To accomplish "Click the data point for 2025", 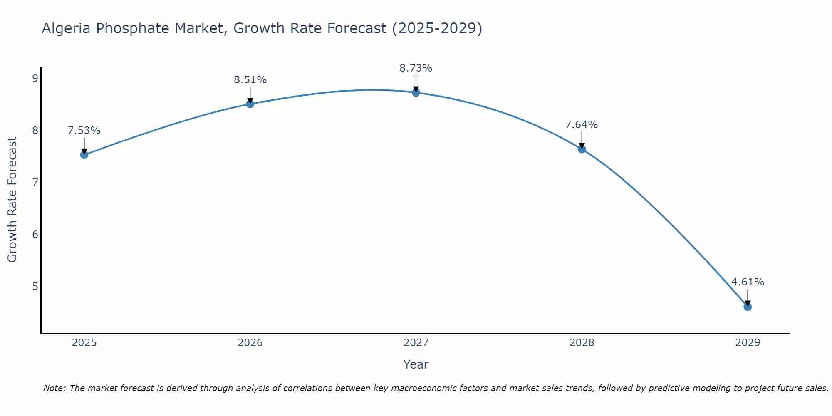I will [84, 155].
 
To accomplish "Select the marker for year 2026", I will [250, 104].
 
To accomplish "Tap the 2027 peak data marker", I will [416, 92].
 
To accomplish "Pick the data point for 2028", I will [582, 149].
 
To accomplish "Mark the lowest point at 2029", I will [748, 307].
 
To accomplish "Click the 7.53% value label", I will [84, 131].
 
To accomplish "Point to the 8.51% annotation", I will [250, 80].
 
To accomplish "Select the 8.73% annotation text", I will [416, 68].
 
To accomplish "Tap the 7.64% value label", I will [582, 125].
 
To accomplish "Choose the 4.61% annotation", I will [748, 282].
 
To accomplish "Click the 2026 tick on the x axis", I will [250, 343].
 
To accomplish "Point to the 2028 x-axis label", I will [582, 343].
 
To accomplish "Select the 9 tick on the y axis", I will [35, 79].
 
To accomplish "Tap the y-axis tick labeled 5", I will [35, 286].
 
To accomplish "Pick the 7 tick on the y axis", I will [35, 182].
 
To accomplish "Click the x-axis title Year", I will [416, 364].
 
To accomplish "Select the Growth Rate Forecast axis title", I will [12, 200].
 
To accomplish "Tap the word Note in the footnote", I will [54, 388].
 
